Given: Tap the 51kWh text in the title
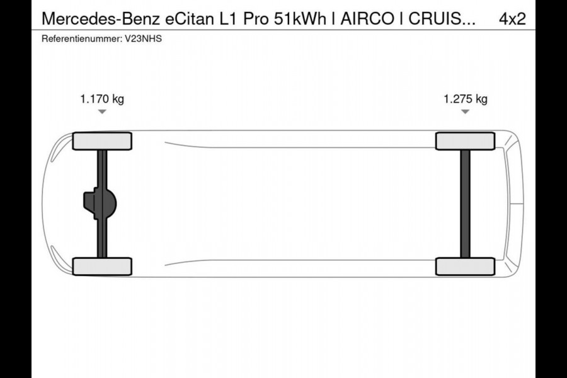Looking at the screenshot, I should point(300,19).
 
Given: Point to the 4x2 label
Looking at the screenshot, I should point(512,19).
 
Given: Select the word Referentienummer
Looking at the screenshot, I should point(80,39).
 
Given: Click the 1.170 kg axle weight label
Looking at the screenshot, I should point(102,99).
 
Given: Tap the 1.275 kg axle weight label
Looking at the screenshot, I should point(465,99).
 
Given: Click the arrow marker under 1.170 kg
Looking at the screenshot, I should point(102,112).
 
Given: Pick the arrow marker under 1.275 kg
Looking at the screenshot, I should point(465,112).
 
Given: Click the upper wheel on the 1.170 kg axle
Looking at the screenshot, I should point(102,141).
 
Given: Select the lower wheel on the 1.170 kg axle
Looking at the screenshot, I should point(102,266).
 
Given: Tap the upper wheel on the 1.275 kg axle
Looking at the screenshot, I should point(465,141).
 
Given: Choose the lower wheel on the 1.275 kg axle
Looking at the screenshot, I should point(465,266).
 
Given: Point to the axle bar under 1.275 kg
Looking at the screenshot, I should point(465,203).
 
